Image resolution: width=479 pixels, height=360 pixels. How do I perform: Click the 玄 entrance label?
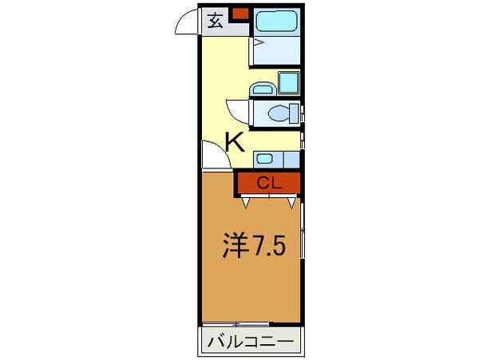pos(216,21)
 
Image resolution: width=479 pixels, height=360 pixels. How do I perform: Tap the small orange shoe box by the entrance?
pos(241,13)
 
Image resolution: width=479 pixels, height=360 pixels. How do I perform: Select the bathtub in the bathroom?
pos(276,21)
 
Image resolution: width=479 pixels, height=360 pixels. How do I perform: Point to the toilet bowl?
pos(279,113)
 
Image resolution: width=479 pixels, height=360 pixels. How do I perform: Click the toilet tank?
pos(294,113)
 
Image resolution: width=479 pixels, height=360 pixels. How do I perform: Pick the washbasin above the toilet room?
pos(263,89)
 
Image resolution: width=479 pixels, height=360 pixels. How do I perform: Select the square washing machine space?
pos(289,82)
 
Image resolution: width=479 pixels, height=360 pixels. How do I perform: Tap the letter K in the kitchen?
pos(235,142)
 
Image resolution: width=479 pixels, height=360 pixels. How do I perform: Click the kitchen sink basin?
pos(264,159)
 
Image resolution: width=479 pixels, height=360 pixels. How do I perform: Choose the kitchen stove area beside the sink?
pos(291,160)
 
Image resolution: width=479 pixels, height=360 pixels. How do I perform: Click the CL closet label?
pos(269,184)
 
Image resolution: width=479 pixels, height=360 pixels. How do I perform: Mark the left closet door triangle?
pos(246,203)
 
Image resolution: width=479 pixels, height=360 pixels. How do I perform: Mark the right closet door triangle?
pos(291,203)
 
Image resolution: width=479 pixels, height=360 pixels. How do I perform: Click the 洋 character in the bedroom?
pos(236,246)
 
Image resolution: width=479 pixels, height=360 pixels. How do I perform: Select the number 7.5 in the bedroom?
pos(268,246)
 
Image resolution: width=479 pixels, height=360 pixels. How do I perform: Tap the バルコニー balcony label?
pos(251,341)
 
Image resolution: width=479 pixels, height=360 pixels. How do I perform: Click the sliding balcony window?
pos(236,324)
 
